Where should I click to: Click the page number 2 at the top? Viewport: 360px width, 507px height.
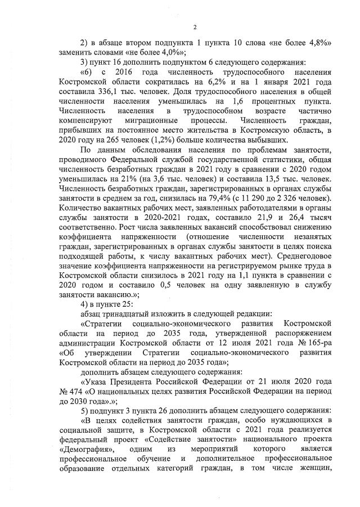[194, 28]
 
